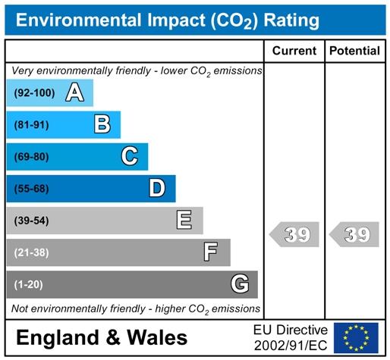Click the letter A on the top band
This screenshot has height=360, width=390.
point(74,92)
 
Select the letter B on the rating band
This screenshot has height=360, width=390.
point(102,124)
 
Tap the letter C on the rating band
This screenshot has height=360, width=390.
point(130,156)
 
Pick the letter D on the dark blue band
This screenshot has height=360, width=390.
point(157,188)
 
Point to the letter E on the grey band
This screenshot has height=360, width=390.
point(184,220)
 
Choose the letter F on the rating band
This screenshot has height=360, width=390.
point(211,252)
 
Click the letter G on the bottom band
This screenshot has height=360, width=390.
point(240,283)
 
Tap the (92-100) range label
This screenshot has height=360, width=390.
point(34,93)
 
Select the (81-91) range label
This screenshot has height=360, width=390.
point(32,125)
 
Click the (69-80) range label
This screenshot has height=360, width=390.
point(32,157)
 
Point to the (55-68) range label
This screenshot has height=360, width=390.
point(32,189)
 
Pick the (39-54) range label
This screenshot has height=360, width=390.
point(32,221)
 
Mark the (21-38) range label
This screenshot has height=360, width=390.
point(32,252)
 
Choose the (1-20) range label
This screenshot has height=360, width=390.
point(29,285)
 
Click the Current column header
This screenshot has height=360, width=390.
point(294,51)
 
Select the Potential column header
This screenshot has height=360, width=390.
point(354,51)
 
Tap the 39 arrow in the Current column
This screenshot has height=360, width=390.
point(294,234)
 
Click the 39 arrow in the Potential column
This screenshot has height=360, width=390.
point(354,234)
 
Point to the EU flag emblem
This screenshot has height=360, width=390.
point(356,338)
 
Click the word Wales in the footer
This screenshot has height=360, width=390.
point(157,338)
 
